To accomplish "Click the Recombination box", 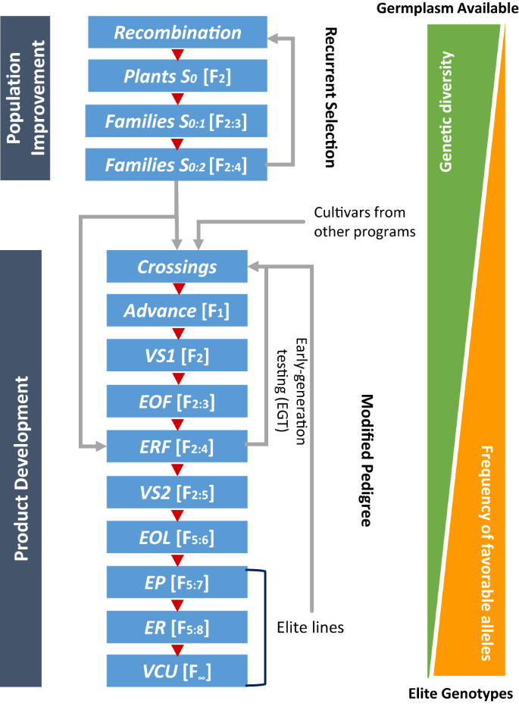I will [177, 33].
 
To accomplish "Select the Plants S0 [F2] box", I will [177, 76].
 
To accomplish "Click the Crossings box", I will [177, 267].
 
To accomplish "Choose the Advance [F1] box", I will [177, 310].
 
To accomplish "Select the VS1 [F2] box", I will [177, 354].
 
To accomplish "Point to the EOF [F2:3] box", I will [177, 399].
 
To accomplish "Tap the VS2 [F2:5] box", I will [177, 493].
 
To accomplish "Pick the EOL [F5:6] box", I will [177, 537].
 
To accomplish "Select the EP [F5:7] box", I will [177, 583].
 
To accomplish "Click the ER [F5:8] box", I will [177, 627].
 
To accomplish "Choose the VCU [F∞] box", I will [177, 671].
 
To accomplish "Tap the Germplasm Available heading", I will [446, 8].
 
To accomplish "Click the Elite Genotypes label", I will [460, 693].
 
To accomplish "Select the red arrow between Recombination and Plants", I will [177, 55].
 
